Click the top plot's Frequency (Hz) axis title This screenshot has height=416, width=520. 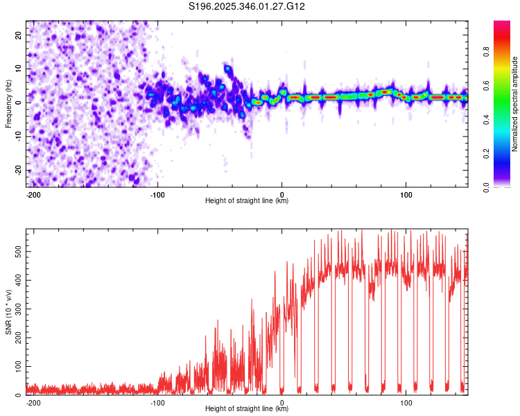pyautogui.click(x=8, y=103)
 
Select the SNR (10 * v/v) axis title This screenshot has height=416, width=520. pyautogui.click(x=8, y=311)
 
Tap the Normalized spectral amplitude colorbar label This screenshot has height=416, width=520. pyautogui.click(x=515, y=104)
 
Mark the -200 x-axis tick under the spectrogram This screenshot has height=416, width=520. pyautogui.click(x=33, y=193)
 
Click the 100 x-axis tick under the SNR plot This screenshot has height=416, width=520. pyautogui.click(x=406, y=401)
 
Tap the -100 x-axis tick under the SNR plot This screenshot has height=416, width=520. pyautogui.click(x=157, y=401)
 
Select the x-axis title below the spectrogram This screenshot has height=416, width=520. pyautogui.click(x=247, y=201)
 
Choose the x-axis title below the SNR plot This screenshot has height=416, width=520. pyautogui.click(x=247, y=409)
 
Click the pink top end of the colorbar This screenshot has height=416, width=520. pyautogui.click(x=502, y=24)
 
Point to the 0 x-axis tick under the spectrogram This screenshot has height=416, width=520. pyautogui.click(x=282, y=193)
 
